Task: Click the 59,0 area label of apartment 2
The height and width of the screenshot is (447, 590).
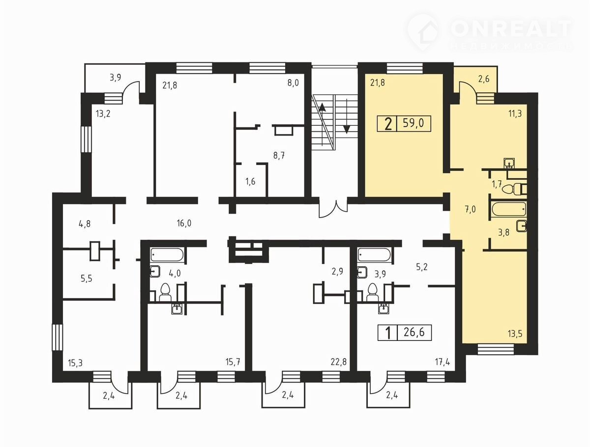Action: pyautogui.click(x=413, y=123)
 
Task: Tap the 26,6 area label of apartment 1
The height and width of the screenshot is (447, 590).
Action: pyautogui.click(x=414, y=332)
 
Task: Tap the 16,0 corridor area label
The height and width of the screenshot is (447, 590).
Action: pyautogui.click(x=184, y=223)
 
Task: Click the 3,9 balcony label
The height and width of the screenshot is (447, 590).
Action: pyautogui.click(x=116, y=78)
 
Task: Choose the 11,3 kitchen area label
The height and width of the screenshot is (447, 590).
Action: pyautogui.click(x=515, y=113)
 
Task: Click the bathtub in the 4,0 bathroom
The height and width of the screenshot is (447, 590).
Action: pyautogui.click(x=167, y=254)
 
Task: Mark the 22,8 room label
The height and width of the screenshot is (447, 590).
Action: pyautogui.click(x=339, y=362)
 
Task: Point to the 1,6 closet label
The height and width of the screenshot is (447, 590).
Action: pyautogui.click(x=250, y=182)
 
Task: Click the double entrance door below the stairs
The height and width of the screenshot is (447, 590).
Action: pyautogui.click(x=333, y=209)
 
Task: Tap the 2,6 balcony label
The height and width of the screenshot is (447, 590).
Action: pyautogui.click(x=484, y=79)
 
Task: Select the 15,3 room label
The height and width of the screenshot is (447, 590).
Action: pyautogui.click(x=75, y=363)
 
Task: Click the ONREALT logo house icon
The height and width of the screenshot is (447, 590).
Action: pyautogui.click(x=424, y=33)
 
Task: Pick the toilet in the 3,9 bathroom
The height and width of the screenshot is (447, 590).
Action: pyautogui.click(x=372, y=292)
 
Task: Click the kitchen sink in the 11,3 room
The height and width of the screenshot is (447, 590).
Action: pyautogui.click(x=509, y=163)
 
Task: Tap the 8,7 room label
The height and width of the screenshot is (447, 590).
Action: pyautogui.click(x=279, y=156)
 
